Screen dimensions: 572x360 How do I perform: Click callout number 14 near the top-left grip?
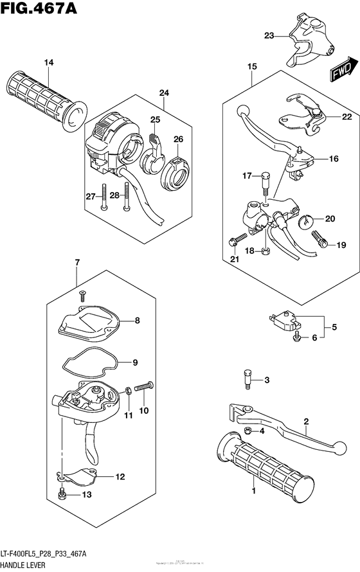(47, 62)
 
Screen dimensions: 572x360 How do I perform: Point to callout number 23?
(268, 36)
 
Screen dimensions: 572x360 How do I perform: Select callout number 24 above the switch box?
(164, 93)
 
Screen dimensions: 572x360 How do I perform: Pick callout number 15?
(251, 66)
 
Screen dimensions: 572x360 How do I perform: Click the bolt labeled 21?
(235, 240)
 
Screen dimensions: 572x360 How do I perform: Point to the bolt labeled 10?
(145, 387)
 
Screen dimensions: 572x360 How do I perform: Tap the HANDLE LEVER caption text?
(32, 564)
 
